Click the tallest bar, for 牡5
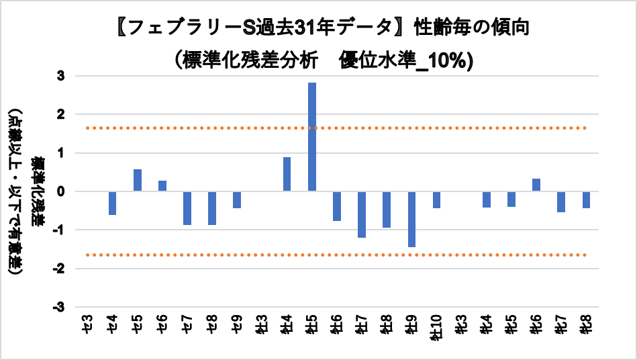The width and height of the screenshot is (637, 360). [312, 137]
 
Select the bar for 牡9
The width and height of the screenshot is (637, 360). [411, 220]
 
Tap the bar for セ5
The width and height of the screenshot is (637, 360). [138, 180]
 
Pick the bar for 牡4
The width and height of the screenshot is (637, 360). [287, 175]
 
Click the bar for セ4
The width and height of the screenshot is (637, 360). [113, 204]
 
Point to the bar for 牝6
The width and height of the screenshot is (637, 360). [536, 185]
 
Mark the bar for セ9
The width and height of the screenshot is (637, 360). [237, 200]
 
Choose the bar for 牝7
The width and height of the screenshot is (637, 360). [561, 202]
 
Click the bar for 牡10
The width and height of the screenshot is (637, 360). [436, 200]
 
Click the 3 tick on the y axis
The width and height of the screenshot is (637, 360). [60, 77]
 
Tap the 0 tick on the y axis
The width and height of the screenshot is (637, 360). [60, 192]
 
